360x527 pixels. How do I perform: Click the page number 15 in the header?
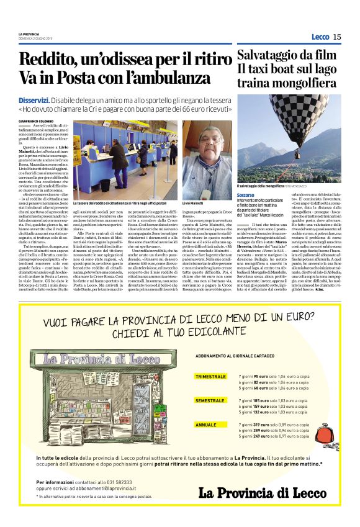coord(337,37)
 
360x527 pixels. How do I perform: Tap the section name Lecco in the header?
coord(320,37)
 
